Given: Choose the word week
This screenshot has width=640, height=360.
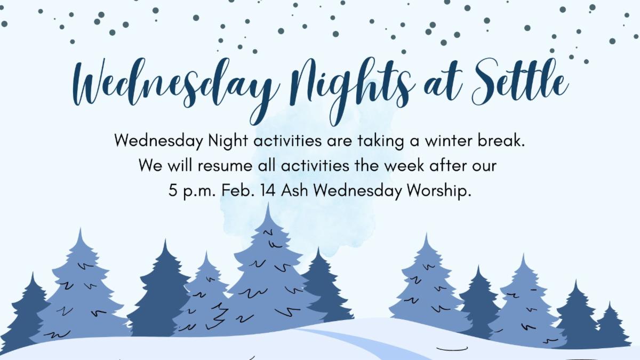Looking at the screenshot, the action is (x=404, y=165).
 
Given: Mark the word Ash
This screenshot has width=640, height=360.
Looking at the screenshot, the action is (x=294, y=190).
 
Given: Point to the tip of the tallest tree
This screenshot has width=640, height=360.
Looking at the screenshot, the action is (x=268, y=203).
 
